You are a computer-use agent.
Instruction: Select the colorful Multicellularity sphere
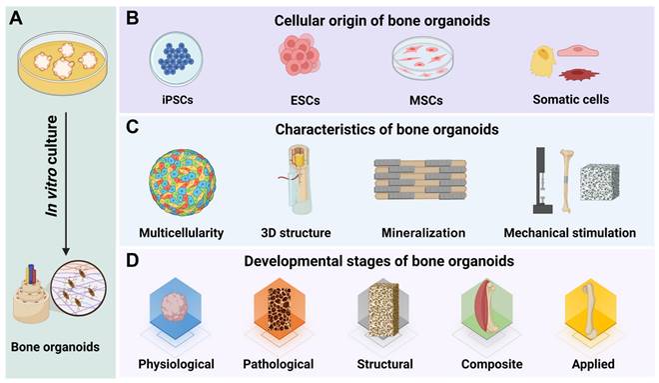point(184,184)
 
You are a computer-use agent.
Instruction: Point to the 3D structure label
point(295,233)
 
